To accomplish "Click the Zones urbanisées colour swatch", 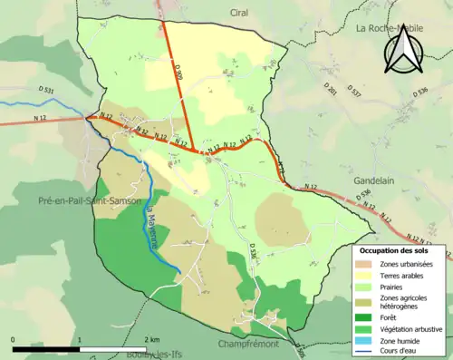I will pos(364,263).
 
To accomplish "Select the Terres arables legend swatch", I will pos(364,275).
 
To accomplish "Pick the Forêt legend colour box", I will pos(364,316).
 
